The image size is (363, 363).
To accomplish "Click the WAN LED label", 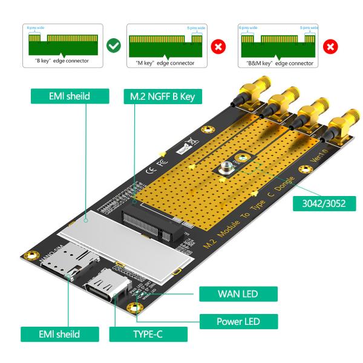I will pos(238,295).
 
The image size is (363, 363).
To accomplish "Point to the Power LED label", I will pos(238,321).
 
